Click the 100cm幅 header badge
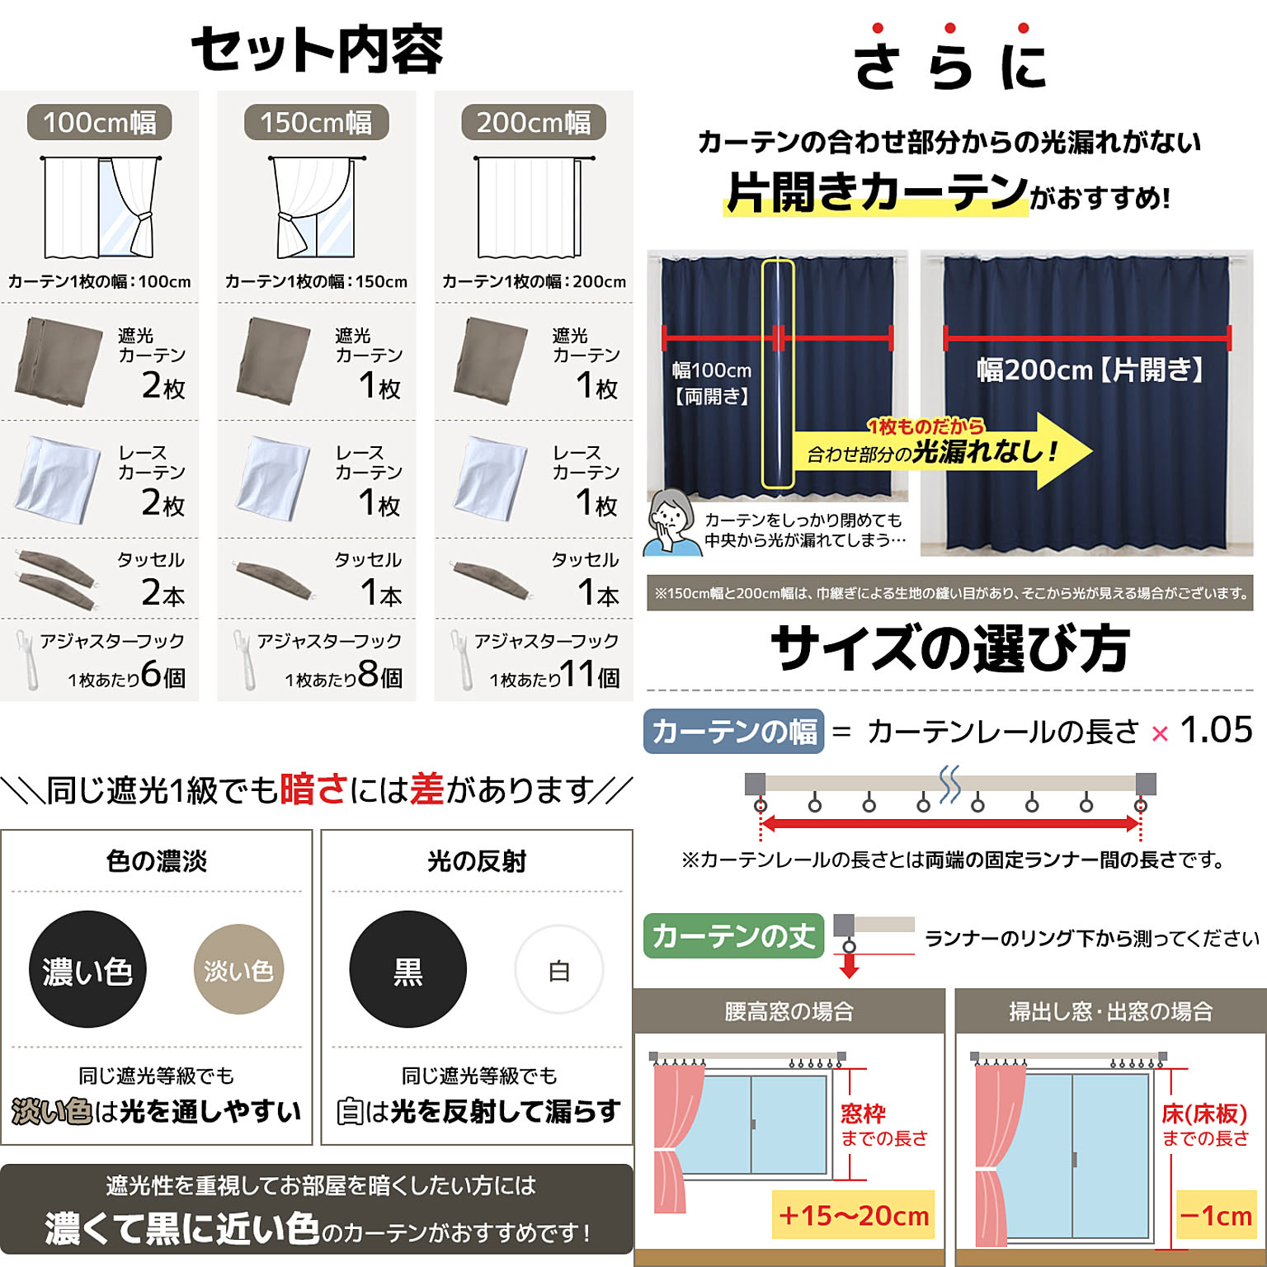[x=99, y=123]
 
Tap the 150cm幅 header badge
[x=316, y=123]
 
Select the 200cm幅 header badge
[x=534, y=123]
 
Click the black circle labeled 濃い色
[x=87, y=969]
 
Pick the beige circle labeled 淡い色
[x=239, y=969]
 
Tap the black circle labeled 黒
[x=407, y=969]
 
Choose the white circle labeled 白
[x=559, y=969]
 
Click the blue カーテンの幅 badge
[x=733, y=731]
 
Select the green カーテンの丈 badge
[x=733, y=935]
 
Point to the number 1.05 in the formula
[x=1216, y=729]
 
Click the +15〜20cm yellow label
[x=853, y=1215]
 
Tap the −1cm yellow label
[x=1215, y=1215]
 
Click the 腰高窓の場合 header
[x=789, y=1010]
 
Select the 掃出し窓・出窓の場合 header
[x=1111, y=1010]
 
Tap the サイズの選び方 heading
[x=949, y=648]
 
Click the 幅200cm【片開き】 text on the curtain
[x=1090, y=370]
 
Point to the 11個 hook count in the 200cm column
[x=590, y=675]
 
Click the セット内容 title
[x=318, y=49]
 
